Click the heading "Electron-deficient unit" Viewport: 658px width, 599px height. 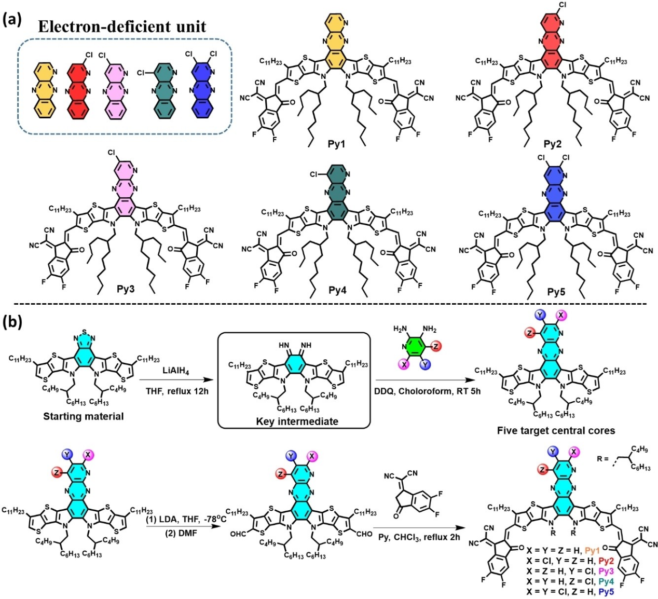(x=122, y=26)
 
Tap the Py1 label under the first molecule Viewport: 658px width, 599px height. (x=336, y=144)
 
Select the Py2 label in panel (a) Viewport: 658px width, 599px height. (x=552, y=144)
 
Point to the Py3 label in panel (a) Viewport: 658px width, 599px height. (x=126, y=289)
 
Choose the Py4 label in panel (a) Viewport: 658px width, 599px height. (x=337, y=290)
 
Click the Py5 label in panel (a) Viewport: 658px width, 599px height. (x=556, y=292)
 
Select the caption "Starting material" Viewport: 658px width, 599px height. (x=84, y=416)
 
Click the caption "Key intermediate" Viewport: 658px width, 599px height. (x=297, y=421)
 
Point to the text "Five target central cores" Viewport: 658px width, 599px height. (x=556, y=430)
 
